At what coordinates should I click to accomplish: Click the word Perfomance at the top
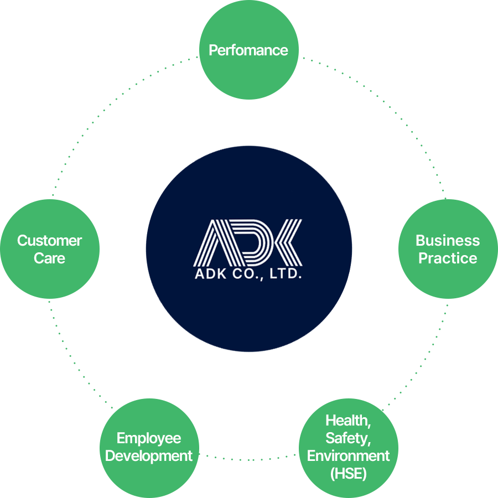pos(248,50)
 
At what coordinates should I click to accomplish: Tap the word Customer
pos(49,241)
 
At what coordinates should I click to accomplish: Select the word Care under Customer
pos(49,258)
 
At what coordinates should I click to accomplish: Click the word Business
pos(448,241)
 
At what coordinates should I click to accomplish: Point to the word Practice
pos(448,258)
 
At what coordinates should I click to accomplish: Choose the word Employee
pos(149,438)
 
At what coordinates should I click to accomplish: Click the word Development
pos(149,456)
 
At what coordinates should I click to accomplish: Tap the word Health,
pos(348,421)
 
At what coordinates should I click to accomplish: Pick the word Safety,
pos(348,438)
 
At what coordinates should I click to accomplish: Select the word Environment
pos(348,456)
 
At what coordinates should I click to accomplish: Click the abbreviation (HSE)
pos(348,474)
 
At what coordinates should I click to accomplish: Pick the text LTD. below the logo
pos(286,274)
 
